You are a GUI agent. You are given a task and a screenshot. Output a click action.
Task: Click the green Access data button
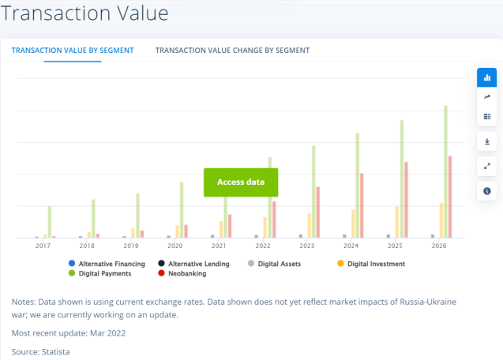[241, 182]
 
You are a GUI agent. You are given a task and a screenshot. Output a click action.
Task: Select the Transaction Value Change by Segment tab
[232, 51]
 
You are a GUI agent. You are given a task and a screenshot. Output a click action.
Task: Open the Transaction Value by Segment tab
[73, 51]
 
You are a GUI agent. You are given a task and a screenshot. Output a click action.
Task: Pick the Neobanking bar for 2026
[450, 197]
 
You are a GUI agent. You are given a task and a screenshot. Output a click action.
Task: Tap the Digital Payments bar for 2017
[49, 222]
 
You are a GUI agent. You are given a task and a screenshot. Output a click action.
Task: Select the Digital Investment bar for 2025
[397, 222]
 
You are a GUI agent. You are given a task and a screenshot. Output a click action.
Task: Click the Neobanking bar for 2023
[318, 212]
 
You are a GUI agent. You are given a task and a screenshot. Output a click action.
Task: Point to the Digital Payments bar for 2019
[137, 216]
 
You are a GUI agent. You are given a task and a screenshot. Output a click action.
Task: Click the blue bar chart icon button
[486, 77]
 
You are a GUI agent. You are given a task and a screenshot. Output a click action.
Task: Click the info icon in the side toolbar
[486, 191]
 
